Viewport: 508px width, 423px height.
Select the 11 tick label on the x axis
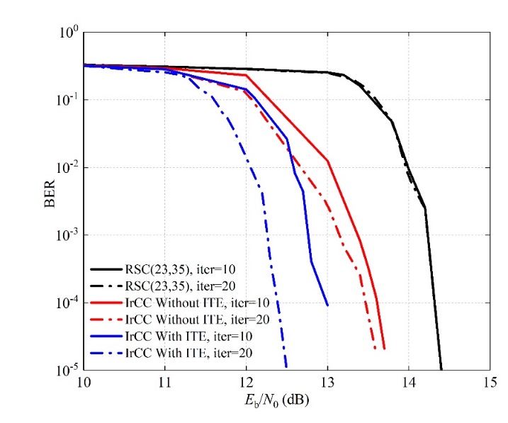point(164,383)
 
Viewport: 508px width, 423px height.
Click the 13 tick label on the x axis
point(327,383)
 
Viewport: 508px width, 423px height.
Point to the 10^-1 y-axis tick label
point(67,100)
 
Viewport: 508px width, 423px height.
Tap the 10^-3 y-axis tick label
point(67,235)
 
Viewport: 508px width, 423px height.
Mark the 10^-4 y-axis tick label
point(67,303)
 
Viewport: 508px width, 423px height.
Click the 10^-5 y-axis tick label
point(67,370)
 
